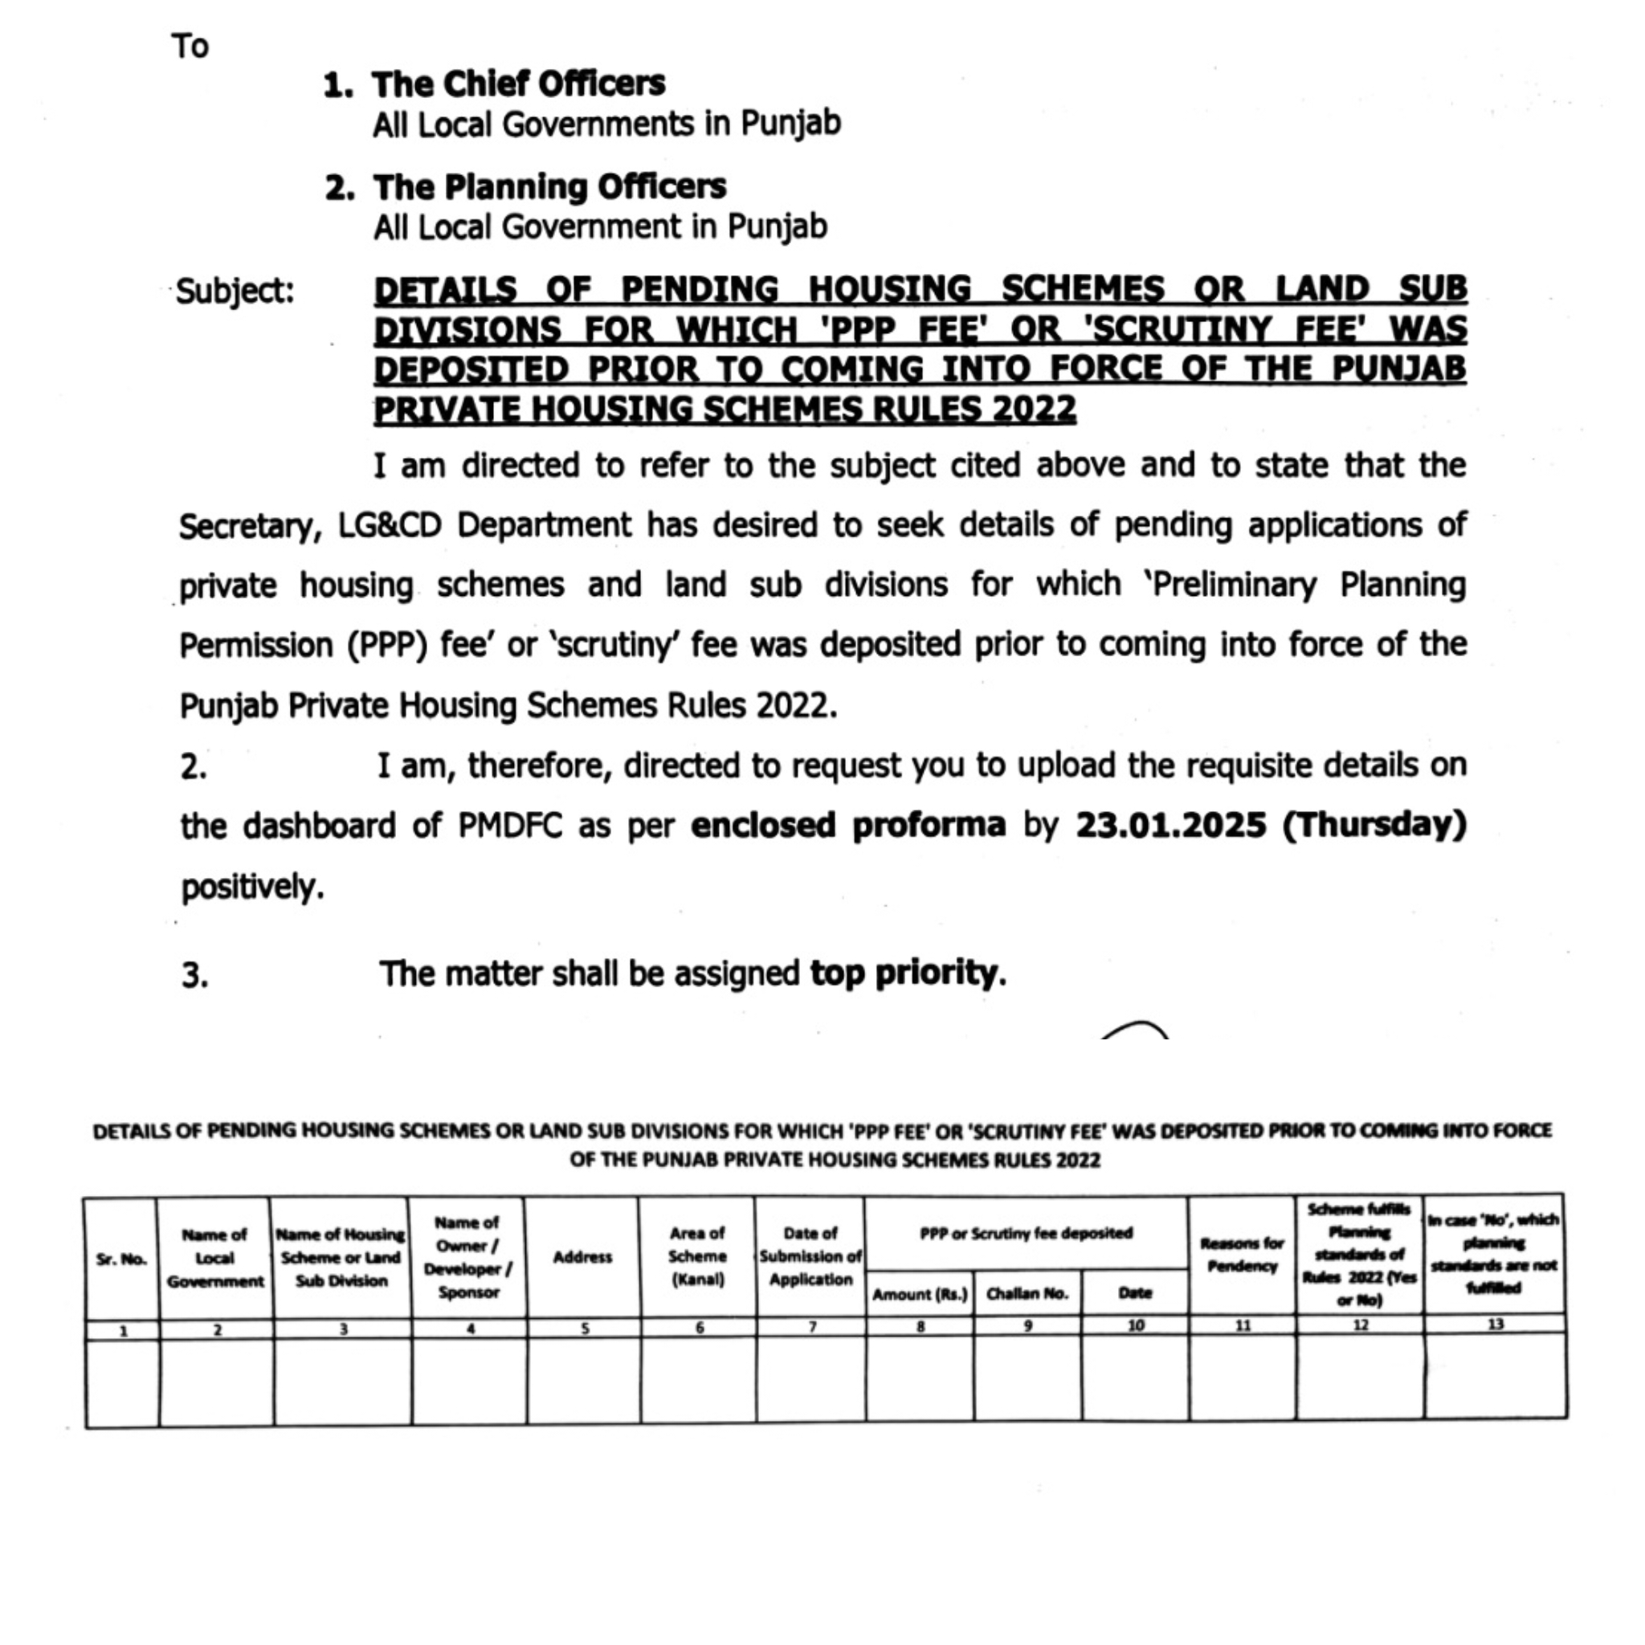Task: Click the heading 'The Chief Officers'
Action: tap(518, 84)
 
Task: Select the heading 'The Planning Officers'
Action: tap(549, 187)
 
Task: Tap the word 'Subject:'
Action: tap(235, 292)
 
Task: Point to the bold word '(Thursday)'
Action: tap(1374, 825)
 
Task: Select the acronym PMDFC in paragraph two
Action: tap(509, 826)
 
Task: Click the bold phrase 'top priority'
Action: tap(904, 973)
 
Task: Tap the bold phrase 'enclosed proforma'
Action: tap(848, 825)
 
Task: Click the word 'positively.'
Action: tap(252, 888)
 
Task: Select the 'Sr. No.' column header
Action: tap(122, 1259)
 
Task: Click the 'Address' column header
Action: tap(582, 1258)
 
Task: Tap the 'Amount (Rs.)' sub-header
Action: tap(920, 1294)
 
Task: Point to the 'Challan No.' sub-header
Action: tap(1027, 1294)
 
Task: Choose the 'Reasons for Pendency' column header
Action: tap(1243, 1255)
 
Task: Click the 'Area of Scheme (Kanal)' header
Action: tap(697, 1256)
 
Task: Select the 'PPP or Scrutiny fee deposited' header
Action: tap(1026, 1233)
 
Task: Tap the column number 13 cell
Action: tap(1495, 1324)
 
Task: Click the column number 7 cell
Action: tap(811, 1327)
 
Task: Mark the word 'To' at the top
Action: tap(190, 46)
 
